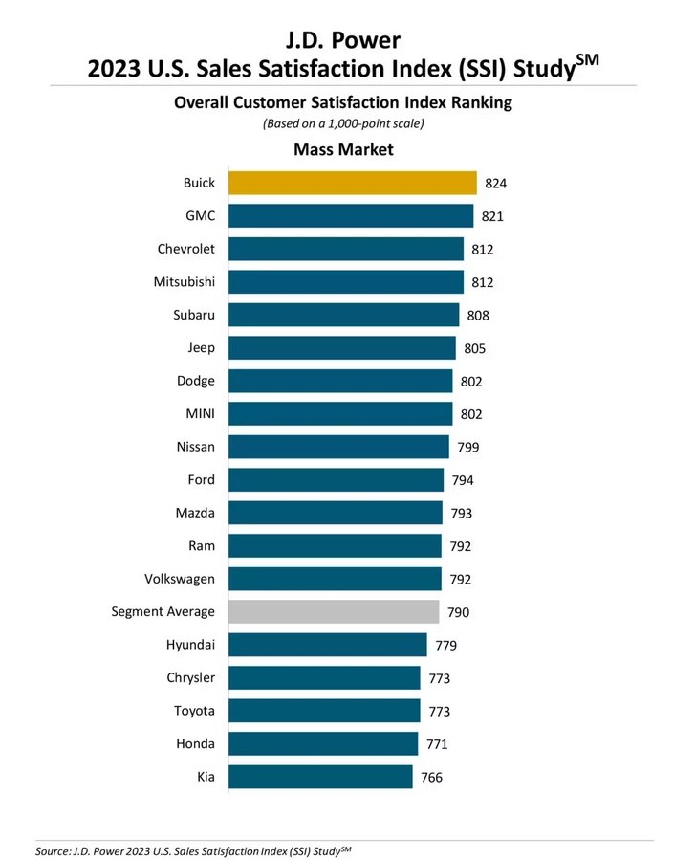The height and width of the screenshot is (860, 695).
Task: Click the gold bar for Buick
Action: pyautogui.click(x=352, y=183)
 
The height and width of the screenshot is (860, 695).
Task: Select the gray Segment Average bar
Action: pyautogui.click(x=334, y=611)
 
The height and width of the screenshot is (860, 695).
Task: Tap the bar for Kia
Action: pyautogui.click(x=320, y=777)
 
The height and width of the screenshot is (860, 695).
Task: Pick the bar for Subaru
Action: pyautogui.click(x=343, y=315)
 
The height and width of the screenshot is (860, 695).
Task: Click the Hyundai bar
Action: pyautogui.click(x=328, y=645)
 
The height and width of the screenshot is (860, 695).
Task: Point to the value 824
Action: pyautogui.click(x=496, y=184)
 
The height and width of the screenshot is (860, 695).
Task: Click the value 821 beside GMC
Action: pyautogui.click(x=492, y=216)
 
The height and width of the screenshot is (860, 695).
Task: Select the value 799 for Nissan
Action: pyautogui.click(x=468, y=447)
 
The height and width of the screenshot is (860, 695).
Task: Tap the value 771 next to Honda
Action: pyautogui.click(x=438, y=743)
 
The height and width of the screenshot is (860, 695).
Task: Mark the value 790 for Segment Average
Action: pyautogui.click(x=458, y=612)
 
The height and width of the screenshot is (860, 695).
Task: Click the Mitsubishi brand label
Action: pyautogui.click(x=185, y=282)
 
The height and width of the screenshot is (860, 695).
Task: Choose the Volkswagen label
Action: pyautogui.click(x=180, y=579)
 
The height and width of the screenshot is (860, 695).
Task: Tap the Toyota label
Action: pyautogui.click(x=194, y=711)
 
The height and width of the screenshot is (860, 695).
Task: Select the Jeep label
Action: pyautogui.click(x=201, y=348)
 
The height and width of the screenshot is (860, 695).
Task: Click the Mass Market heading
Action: pyautogui.click(x=343, y=149)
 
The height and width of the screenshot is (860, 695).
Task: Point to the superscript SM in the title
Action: pyautogui.click(x=587, y=58)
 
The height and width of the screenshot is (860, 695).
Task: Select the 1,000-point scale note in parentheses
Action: pyautogui.click(x=343, y=123)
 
